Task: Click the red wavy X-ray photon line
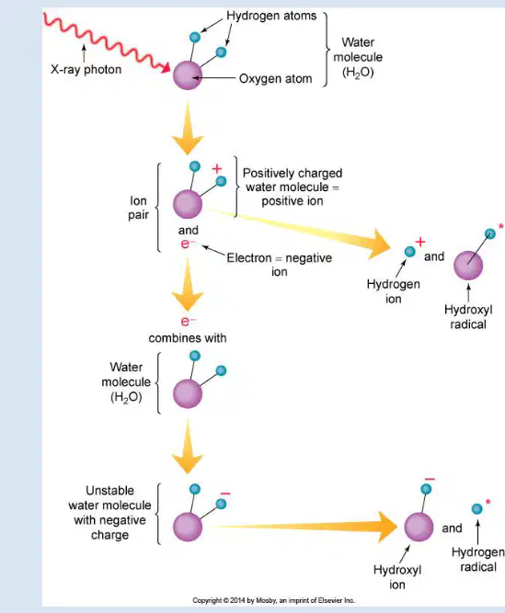106,41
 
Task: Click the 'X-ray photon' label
86,70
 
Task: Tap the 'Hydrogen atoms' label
271,16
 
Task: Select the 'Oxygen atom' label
275,79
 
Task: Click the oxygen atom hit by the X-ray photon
188,75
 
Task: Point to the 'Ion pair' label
139,208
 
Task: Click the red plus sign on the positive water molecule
217,168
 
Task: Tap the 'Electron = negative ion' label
280,265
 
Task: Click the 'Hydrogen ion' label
394,291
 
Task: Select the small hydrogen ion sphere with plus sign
410,252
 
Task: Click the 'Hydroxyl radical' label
468,317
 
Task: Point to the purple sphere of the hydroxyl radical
468,266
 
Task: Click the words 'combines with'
188,338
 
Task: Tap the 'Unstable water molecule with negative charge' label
109,513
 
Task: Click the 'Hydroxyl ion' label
397,577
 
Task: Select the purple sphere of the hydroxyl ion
419,527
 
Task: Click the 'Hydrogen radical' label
478,560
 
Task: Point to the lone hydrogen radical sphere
476,508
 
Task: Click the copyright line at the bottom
273,600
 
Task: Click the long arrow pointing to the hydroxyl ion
305,527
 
